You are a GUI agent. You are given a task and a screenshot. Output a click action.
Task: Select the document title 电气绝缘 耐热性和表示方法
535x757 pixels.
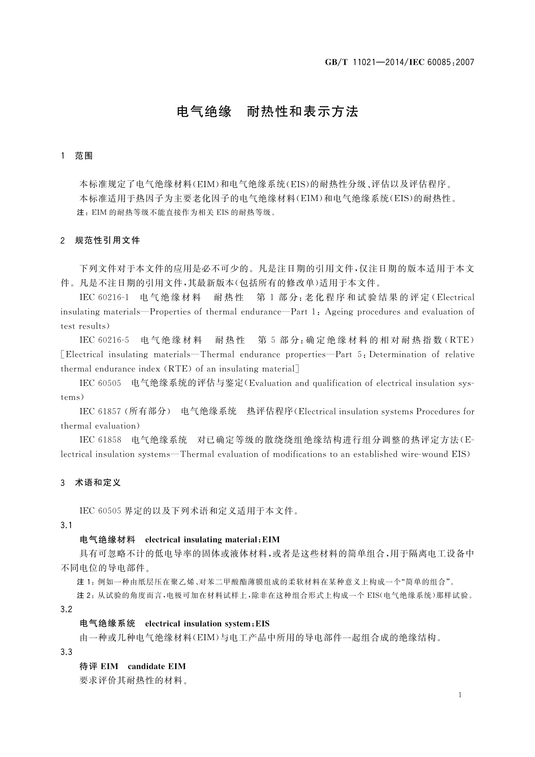268,111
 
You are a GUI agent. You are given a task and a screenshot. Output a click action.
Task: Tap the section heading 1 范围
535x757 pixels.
77,156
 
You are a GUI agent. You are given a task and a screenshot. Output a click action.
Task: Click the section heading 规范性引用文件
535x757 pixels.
108,240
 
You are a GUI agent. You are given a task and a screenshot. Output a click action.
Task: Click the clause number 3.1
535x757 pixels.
66,525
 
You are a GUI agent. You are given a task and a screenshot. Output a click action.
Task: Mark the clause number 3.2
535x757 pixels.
66,609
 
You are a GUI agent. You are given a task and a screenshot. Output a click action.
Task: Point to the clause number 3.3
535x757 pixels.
66,652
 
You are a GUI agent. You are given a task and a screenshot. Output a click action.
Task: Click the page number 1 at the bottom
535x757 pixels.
460,695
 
